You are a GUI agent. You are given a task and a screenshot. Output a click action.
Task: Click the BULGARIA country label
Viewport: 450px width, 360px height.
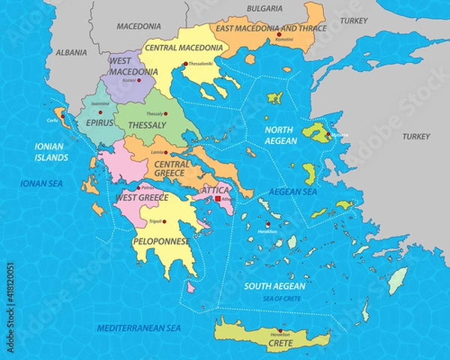pyautogui.click(x=262, y=8)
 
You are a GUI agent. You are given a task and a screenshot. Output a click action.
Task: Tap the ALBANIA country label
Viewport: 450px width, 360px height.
pyautogui.click(x=71, y=53)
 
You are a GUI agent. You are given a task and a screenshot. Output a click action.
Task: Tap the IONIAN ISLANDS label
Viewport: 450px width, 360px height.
pyautogui.click(x=46, y=152)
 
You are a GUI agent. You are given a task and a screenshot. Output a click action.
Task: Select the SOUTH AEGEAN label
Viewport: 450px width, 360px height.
pyautogui.click(x=274, y=286)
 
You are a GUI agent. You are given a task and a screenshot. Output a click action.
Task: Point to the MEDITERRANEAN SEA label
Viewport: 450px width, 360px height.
pyautogui.click(x=139, y=328)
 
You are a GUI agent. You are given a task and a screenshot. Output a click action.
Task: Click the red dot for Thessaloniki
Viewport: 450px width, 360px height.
pyautogui.click(x=185, y=64)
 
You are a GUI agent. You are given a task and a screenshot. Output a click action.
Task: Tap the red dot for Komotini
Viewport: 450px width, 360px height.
pyautogui.click(x=279, y=36)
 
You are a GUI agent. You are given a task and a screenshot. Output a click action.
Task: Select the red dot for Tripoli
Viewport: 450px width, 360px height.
pyautogui.click(x=164, y=221)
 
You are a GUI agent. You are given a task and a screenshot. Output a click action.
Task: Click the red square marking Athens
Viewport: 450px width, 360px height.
pyautogui.click(x=218, y=199)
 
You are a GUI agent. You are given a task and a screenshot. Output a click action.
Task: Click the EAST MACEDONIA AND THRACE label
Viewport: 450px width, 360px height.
pyautogui.click(x=271, y=28)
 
